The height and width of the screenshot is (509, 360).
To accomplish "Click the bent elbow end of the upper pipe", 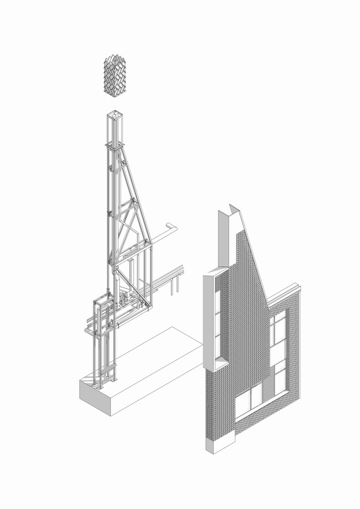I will [172, 227].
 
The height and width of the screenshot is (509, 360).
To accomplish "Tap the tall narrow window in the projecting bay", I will [217, 322].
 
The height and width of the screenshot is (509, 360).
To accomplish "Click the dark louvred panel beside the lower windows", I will [278, 380].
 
